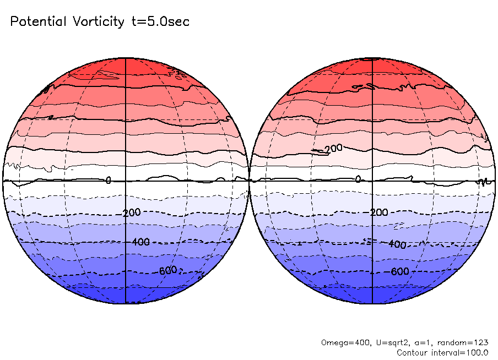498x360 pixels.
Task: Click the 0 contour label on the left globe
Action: coord(109,180)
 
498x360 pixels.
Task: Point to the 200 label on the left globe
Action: coord(132,213)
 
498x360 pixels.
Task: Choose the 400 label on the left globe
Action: coord(140,242)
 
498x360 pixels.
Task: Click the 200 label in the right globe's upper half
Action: coord(333,149)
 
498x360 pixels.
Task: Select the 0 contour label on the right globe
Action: coord(358,179)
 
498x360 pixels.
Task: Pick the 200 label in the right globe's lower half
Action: coord(379,213)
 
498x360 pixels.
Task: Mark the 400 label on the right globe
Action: coord(397,244)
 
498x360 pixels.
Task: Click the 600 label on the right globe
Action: coord(400,271)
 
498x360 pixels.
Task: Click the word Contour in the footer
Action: coord(412,352)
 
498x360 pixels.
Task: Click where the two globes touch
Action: coord(249,181)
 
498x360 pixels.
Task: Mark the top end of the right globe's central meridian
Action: coord(373,58)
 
